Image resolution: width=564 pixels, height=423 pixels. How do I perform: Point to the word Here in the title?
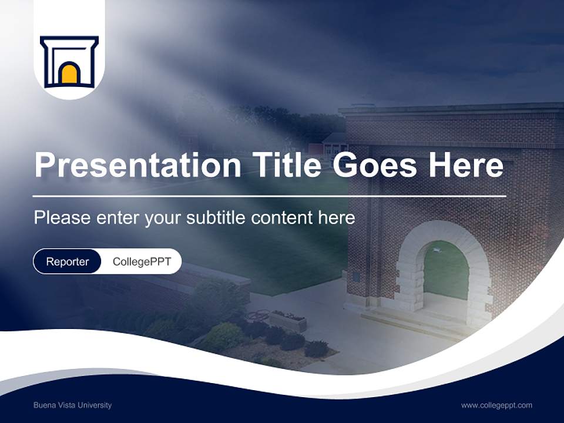pos(466,165)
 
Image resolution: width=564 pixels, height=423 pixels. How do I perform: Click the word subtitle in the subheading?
pos(216,217)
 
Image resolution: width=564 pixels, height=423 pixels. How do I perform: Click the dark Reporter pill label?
pos(68,261)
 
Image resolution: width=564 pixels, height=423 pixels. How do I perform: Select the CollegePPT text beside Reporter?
pos(142,261)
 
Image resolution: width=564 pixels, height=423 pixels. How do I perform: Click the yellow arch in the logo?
pos(69,74)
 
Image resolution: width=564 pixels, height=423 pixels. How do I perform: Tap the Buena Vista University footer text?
pos(72,405)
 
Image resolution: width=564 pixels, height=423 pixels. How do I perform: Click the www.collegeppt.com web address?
pos(496,405)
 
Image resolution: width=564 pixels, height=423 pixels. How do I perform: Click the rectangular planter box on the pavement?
pos(287,321)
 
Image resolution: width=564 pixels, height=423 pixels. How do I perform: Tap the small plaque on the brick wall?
pos(356,277)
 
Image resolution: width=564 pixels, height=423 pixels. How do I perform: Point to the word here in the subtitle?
pos(337,217)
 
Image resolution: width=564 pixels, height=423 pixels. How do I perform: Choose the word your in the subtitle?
pos(163,217)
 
